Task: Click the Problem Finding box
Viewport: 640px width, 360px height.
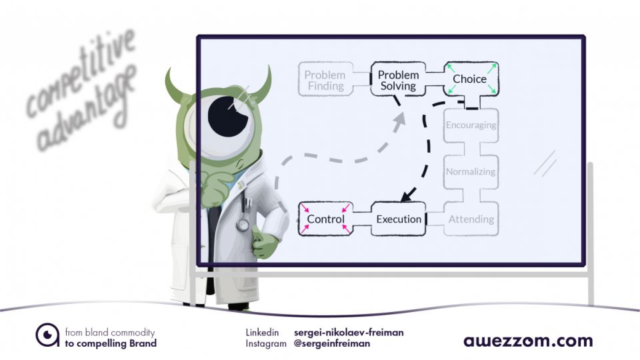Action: [325, 80]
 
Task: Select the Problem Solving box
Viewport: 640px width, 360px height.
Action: [398, 80]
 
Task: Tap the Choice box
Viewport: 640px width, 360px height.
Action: [470, 79]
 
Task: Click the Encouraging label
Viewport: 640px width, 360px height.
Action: [471, 124]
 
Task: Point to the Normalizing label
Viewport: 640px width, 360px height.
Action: [471, 171]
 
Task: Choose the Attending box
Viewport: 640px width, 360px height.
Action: [471, 219]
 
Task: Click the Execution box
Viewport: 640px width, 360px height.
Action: [399, 219]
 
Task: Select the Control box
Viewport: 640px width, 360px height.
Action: [325, 219]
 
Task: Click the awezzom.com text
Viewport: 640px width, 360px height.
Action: [528, 341]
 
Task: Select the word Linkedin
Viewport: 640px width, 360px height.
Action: [262, 332]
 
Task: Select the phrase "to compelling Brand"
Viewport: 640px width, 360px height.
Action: [111, 343]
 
